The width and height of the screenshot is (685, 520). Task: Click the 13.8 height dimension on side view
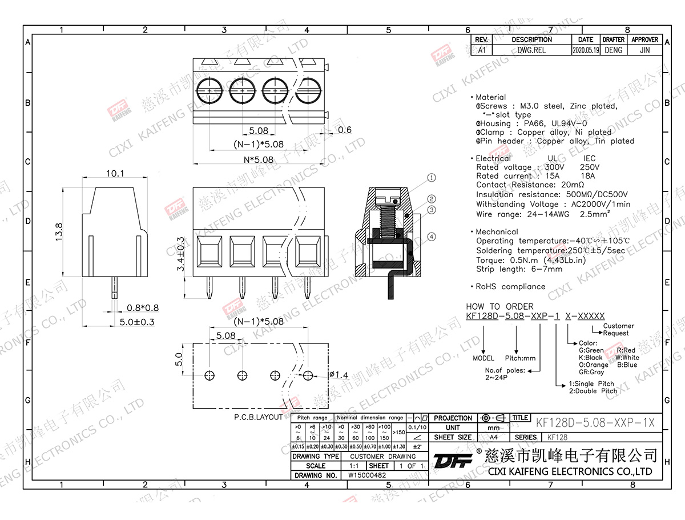pos(59,233)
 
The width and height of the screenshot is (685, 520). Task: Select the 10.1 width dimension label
pos(115,173)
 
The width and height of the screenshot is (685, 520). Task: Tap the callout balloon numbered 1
pos(431,178)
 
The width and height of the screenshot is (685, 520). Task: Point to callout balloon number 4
pos(431,237)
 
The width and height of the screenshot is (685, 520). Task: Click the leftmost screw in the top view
pos(209,91)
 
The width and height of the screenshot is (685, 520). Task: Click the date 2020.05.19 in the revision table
pos(585,50)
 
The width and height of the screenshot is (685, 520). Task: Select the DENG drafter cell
pos(613,50)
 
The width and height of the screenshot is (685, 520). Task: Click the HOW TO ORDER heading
pos(499,306)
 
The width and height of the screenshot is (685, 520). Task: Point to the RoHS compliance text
pos(507,286)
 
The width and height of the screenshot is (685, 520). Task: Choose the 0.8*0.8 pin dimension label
pos(143,309)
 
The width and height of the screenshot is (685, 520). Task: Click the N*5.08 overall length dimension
pos(258,159)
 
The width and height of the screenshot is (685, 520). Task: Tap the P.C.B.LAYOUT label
pos(258,418)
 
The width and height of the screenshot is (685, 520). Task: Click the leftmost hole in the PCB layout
pos(210,375)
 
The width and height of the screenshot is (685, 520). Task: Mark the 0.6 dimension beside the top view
pos(345,130)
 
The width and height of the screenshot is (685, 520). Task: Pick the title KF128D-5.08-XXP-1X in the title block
pos(594,423)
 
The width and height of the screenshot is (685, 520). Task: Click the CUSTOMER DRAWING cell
pos(382,456)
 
